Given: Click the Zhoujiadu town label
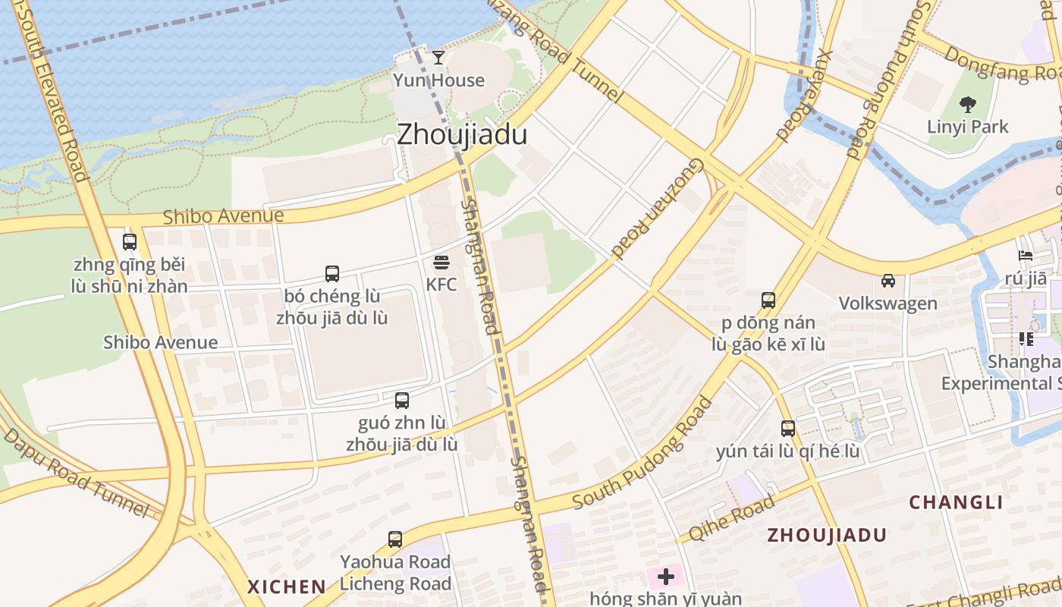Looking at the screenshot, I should click(x=462, y=134).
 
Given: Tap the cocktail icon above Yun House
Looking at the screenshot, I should click(x=438, y=57).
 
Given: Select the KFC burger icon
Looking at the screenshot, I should click(x=441, y=263).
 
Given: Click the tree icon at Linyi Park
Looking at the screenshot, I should click(x=967, y=105).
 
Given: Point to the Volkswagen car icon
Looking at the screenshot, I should click(x=888, y=281).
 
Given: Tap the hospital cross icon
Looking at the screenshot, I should click(x=665, y=577).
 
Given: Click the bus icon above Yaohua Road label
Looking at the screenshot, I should click(x=395, y=539).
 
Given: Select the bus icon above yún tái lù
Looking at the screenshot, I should click(x=788, y=429).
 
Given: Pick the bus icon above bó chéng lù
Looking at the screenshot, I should click(x=331, y=274).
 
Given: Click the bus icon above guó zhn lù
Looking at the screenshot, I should click(x=402, y=401).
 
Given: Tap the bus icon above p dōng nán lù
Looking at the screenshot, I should click(x=768, y=300).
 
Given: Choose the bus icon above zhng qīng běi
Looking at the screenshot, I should click(x=130, y=242).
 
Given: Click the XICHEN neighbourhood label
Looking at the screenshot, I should click(x=287, y=587).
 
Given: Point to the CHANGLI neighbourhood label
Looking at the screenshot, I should click(x=956, y=502).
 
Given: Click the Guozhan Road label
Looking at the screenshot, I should click(x=658, y=210).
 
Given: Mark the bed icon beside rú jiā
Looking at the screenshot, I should click(x=1026, y=256).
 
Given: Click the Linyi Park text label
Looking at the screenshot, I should click(x=967, y=127).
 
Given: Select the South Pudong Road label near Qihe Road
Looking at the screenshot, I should click(x=643, y=454).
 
